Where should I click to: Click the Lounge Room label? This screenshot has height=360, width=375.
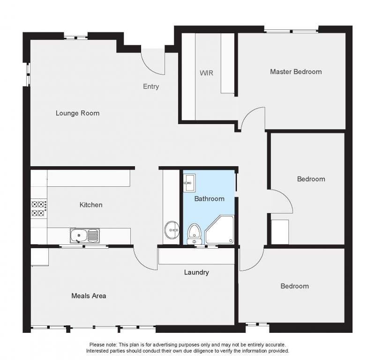tap(77, 113)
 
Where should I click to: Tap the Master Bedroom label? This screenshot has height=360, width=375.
tap(296, 72)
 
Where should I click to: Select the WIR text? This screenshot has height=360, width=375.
tap(206, 73)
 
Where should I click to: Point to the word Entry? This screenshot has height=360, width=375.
tap(151, 87)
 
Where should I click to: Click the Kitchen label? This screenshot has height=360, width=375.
tap(91, 205)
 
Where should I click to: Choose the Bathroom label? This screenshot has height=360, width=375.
tap(209, 199)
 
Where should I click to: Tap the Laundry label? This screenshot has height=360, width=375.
tap(196, 272)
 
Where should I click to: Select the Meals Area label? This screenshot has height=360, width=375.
tap(89, 296)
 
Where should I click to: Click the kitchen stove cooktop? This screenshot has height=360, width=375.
tap(39, 208)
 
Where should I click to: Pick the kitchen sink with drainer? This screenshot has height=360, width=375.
tap(85, 235)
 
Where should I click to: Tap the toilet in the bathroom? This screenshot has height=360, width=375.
tap(194, 234)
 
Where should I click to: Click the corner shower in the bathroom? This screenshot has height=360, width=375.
tap(219, 229)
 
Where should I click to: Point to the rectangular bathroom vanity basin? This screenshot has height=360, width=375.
tap(189, 183)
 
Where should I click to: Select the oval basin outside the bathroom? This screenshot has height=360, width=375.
tap(172, 230)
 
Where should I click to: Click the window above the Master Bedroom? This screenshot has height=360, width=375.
tap(291, 31)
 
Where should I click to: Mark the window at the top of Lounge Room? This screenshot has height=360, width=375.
tap(76, 37)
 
